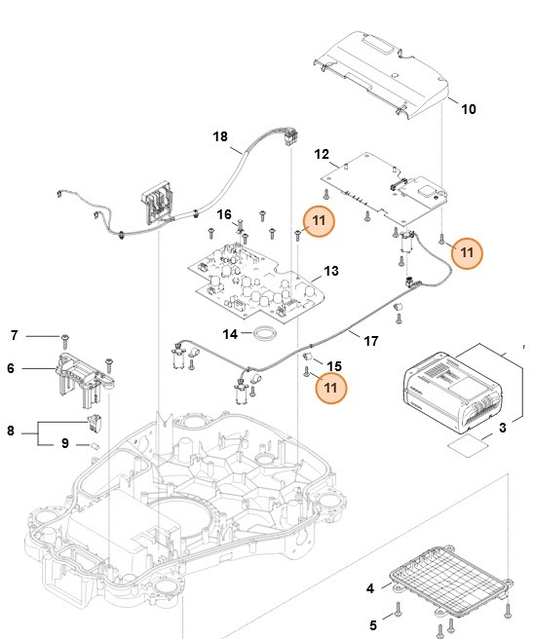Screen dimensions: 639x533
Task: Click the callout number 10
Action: pyautogui.click(x=469, y=109)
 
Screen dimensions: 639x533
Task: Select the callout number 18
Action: pyautogui.click(x=220, y=137)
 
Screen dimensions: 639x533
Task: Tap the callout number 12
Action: pyautogui.click(x=323, y=154)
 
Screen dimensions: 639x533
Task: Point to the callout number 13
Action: pyautogui.click(x=331, y=271)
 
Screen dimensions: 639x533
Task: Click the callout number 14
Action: pyautogui.click(x=230, y=333)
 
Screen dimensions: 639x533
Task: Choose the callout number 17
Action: pyautogui.click(x=370, y=342)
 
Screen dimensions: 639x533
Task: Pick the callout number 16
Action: pyautogui.click(x=224, y=213)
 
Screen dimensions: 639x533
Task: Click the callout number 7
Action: pyautogui.click(x=14, y=336)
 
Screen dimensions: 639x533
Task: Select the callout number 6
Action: pyautogui.click(x=11, y=368)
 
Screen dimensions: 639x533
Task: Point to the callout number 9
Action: pyautogui.click(x=65, y=443)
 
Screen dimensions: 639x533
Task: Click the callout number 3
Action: pyautogui.click(x=503, y=427)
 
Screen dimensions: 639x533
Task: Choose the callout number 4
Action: pyautogui.click(x=369, y=588)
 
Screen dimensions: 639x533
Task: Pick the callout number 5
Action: pyautogui.click(x=371, y=624)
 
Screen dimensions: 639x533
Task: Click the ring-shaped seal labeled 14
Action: pyautogui.click(x=261, y=337)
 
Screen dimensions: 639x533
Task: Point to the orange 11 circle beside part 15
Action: pyautogui.click(x=332, y=387)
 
